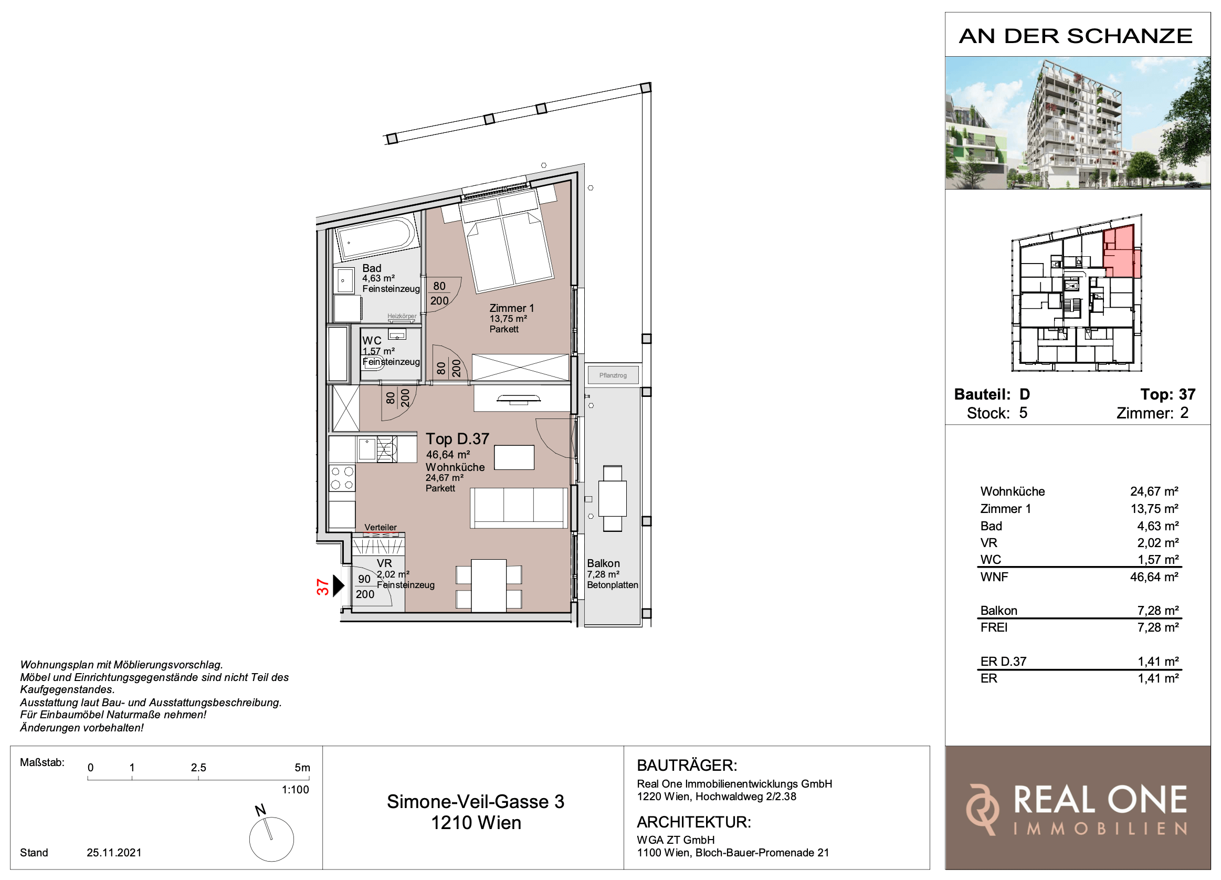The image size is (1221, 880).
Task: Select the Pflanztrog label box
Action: [x=613, y=375]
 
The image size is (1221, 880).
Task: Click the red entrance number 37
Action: [x=322, y=586]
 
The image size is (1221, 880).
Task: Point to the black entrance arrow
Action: [x=338, y=586]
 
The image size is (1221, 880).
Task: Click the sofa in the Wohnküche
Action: [x=519, y=508]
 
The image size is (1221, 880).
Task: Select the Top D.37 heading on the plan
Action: [x=458, y=439]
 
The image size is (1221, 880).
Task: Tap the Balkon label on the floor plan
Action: [x=603, y=563]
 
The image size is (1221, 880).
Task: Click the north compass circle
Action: [x=271, y=839]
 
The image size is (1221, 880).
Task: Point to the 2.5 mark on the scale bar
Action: [x=198, y=768]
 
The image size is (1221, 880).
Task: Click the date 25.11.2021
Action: [x=114, y=853]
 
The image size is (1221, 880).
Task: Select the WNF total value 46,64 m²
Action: [x=1154, y=577]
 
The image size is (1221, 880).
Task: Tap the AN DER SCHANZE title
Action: [x=1076, y=36]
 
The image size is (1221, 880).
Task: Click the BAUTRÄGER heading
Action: [x=687, y=766]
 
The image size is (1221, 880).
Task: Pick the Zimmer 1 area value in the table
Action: [x=1154, y=508]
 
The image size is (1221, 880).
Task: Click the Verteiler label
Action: [x=381, y=527]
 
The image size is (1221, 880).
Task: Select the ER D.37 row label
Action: [x=1003, y=662]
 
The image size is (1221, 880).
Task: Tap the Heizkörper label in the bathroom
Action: [x=402, y=316]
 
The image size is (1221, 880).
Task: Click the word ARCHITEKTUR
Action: [x=693, y=822]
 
